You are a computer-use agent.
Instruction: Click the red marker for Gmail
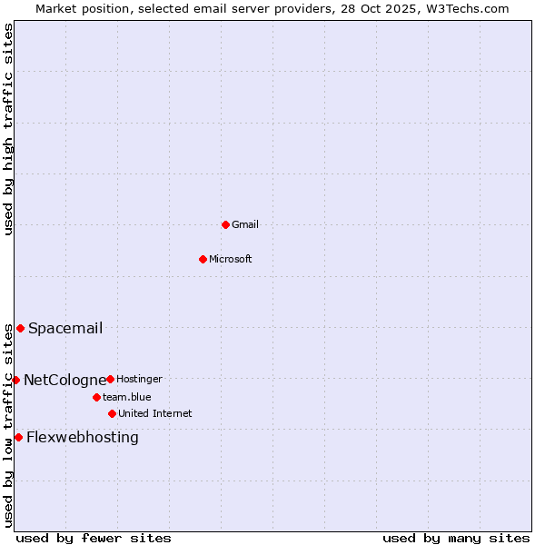click(x=225, y=224)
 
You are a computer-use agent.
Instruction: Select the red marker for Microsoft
click(x=203, y=259)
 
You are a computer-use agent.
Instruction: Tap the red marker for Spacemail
click(x=20, y=328)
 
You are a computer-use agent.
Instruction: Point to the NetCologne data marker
click(x=15, y=380)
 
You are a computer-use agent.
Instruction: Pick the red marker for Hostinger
click(x=110, y=379)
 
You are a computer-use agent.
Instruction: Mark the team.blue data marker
click(x=96, y=397)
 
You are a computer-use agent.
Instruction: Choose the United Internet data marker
click(x=112, y=413)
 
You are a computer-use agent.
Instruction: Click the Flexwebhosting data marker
click(x=18, y=437)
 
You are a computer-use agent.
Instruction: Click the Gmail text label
click(x=245, y=224)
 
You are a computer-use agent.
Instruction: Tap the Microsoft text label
click(x=231, y=259)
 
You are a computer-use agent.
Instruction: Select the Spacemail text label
click(x=65, y=328)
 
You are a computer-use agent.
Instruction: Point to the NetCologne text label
click(x=64, y=380)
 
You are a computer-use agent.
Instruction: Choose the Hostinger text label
click(x=139, y=379)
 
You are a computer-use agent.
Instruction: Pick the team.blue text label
click(x=127, y=397)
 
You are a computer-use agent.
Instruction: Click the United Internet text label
click(x=155, y=413)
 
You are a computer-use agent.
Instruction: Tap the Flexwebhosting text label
click(x=83, y=437)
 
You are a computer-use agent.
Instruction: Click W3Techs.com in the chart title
click(x=465, y=8)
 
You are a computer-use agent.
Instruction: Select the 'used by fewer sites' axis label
click(x=94, y=538)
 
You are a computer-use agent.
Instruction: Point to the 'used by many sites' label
click(x=456, y=538)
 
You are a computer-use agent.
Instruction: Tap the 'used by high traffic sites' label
click(x=8, y=129)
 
